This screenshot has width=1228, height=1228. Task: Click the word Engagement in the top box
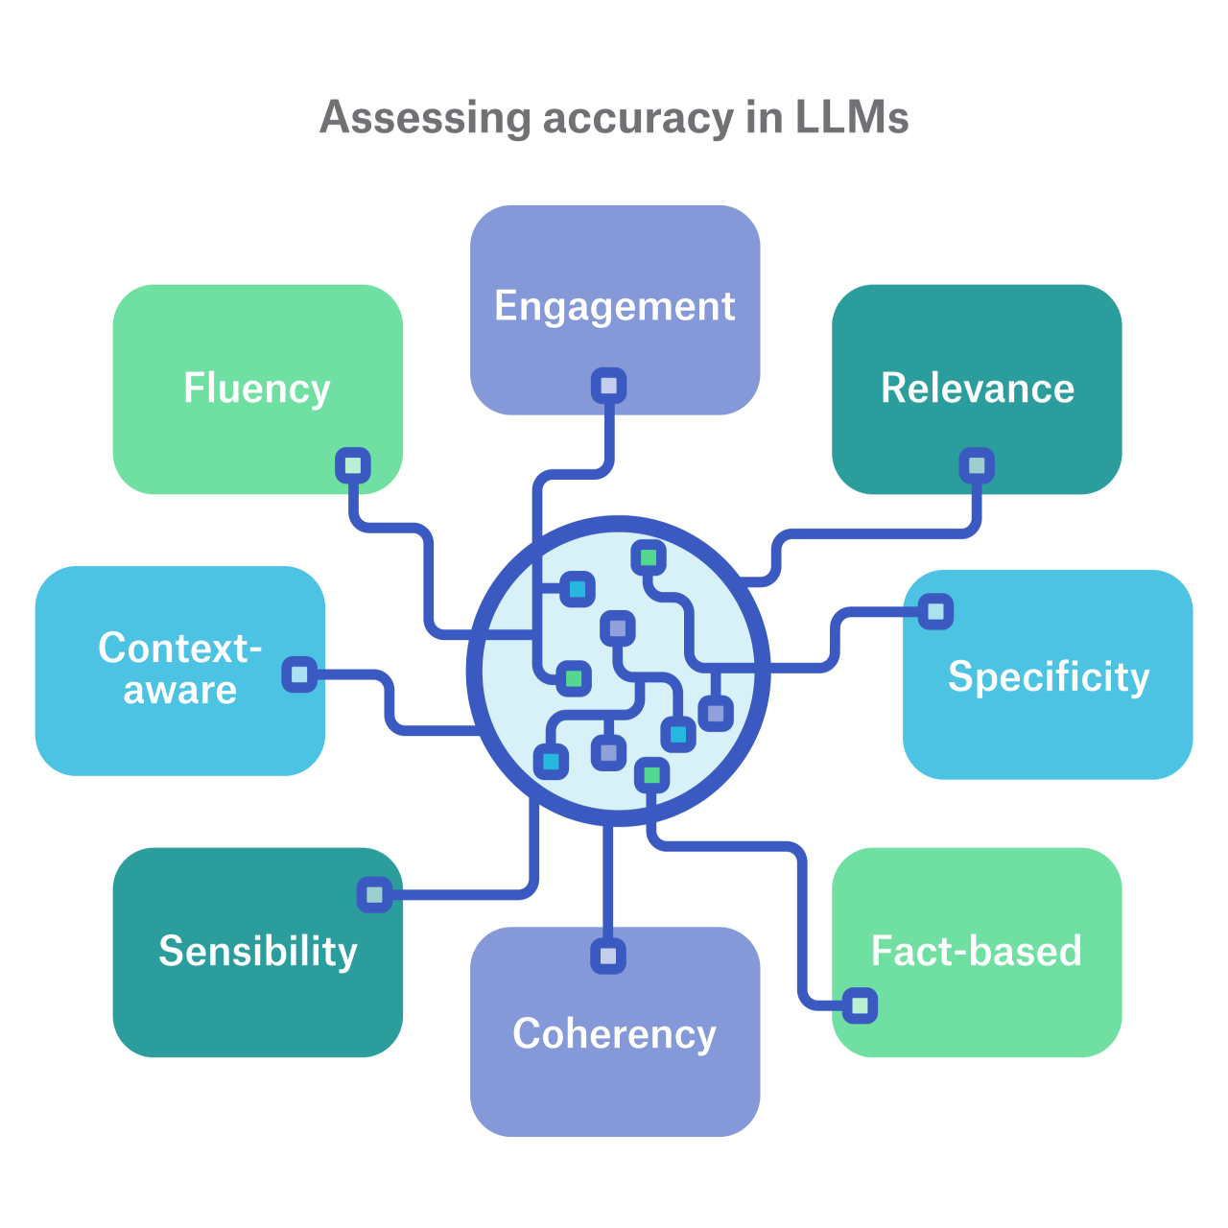click(x=614, y=307)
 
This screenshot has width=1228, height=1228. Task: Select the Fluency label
click(x=257, y=389)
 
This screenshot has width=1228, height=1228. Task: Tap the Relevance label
click(x=978, y=389)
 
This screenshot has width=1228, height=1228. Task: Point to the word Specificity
click(x=1049, y=677)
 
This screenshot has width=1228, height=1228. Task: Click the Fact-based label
click(x=976, y=951)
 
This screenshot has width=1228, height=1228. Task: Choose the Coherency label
click(x=614, y=1033)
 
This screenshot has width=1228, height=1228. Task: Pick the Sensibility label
click(x=257, y=951)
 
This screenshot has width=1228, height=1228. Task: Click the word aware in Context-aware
click(x=180, y=690)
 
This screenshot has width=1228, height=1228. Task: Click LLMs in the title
click(x=851, y=118)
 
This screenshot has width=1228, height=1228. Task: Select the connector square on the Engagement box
click(x=608, y=387)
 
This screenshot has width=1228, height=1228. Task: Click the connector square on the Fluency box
click(x=353, y=466)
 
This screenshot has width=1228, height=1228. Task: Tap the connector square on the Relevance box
click(x=977, y=466)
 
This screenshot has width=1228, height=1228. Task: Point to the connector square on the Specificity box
click(x=935, y=611)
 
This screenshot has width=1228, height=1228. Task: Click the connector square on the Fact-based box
click(x=860, y=1005)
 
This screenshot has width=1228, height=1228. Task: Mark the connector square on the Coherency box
click(x=608, y=956)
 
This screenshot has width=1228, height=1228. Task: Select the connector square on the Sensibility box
click(x=374, y=895)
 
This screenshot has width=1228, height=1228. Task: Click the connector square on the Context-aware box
click(x=299, y=674)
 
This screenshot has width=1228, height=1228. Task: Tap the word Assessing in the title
click(x=425, y=118)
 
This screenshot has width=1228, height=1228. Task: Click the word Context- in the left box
click(x=179, y=649)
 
